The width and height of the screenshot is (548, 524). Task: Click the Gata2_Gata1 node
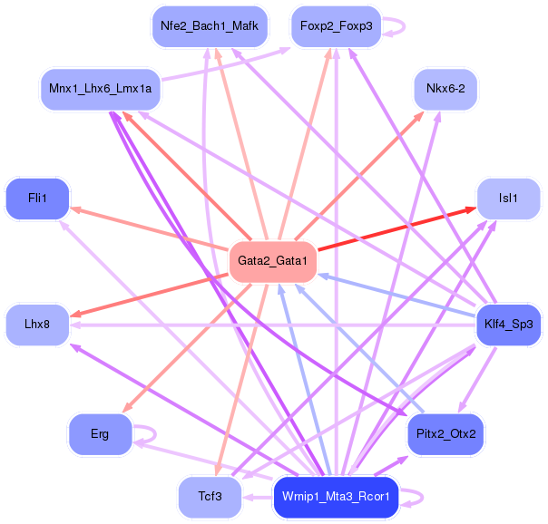click(272, 262)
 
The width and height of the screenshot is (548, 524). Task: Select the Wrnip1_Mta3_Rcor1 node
click(336, 497)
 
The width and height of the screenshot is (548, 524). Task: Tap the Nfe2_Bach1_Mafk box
click(209, 25)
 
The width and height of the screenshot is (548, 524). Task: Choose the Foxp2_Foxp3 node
click(336, 25)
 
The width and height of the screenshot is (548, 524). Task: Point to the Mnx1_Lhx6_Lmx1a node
click(100, 90)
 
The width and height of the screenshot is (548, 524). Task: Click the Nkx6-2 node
click(445, 90)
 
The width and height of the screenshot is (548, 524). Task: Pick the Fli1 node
click(37, 198)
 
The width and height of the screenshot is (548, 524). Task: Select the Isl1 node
click(509, 198)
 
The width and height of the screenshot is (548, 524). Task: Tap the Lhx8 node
click(37, 325)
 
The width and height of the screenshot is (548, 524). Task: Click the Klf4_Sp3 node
click(509, 325)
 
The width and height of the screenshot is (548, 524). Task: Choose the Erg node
click(100, 433)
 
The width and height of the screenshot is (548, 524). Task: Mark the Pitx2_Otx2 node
click(445, 433)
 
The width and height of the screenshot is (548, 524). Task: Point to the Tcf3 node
click(209, 497)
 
